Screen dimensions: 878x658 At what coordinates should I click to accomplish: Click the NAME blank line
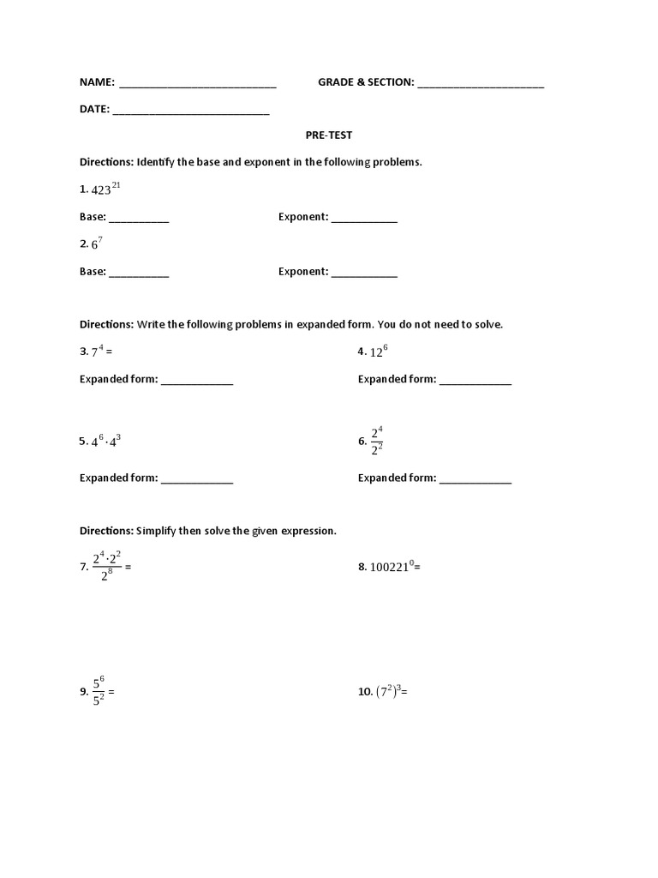pyautogui.click(x=197, y=85)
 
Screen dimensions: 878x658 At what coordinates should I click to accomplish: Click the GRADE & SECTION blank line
pyautogui.click(x=481, y=85)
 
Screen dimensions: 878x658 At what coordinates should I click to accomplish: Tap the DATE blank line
pyautogui.click(x=190, y=112)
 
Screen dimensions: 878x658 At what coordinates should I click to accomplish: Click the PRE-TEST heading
pyautogui.click(x=329, y=135)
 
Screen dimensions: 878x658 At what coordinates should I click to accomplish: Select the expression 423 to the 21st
pyautogui.click(x=106, y=189)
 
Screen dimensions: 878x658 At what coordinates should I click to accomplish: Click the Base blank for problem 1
pyautogui.click(x=139, y=219)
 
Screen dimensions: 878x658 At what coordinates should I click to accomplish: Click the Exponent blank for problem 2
pyautogui.click(x=364, y=274)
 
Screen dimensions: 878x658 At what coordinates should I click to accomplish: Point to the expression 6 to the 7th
pyautogui.click(x=97, y=244)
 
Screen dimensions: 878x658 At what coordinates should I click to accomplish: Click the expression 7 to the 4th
pyautogui.click(x=98, y=352)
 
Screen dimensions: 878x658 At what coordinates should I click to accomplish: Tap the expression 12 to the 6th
pyautogui.click(x=378, y=352)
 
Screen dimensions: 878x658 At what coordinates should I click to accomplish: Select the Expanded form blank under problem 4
pyautogui.click(x=476, y=382)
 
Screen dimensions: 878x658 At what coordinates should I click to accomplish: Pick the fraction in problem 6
pyautogui.click(x=376, y=440)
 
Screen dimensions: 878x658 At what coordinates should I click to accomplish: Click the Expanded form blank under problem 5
pyautogui.click(x=197, y=481)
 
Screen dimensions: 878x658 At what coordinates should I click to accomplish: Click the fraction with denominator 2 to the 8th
pyautogui.click(x=106, y=566)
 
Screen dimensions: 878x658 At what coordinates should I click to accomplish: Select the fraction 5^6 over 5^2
pyautogui.click(x=99, y=691)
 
